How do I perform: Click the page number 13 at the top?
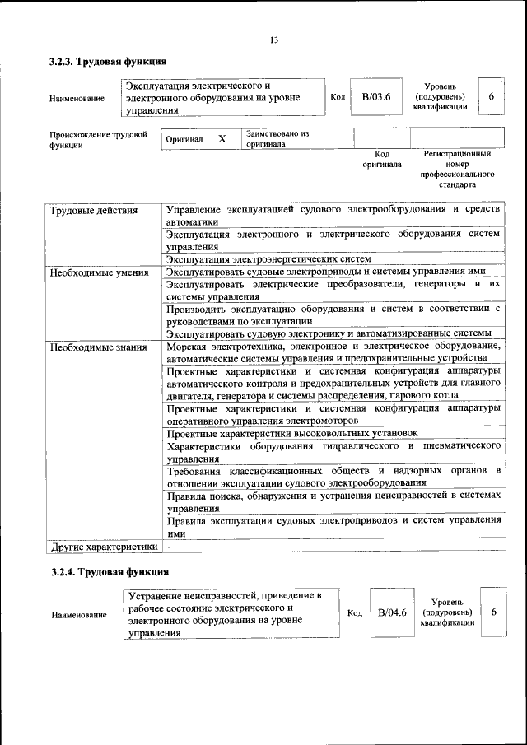(274, 40)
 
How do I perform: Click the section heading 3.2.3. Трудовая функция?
(108, 62)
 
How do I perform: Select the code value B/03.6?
(375, 97)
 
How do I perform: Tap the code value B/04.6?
(393, 612)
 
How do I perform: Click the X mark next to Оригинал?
(222, 139)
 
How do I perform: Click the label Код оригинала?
(382, 159)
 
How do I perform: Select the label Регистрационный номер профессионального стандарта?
(457, 169)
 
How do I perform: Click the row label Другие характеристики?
(104, 546)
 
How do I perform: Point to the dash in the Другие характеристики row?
(169, 546)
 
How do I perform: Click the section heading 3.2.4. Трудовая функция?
(109, 571)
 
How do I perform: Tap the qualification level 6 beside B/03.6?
(491, 97)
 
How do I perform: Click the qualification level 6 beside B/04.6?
(493, 612)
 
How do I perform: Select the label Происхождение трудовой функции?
(98, 139)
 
